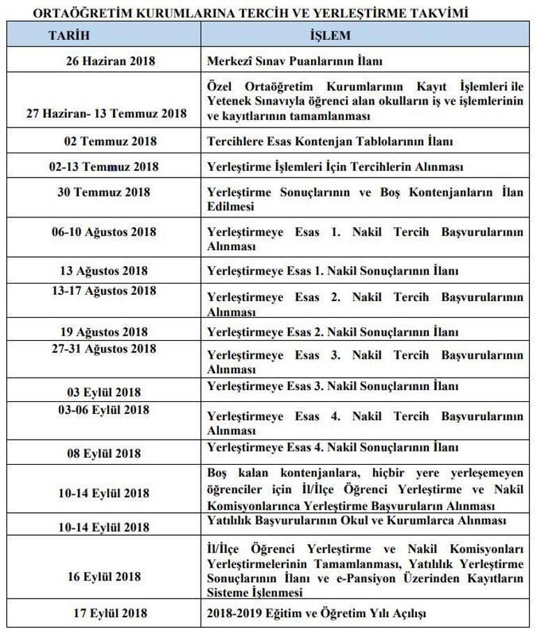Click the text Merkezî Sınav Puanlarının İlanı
294,61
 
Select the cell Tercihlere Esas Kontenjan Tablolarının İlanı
330,141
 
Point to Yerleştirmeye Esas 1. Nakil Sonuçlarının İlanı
333,271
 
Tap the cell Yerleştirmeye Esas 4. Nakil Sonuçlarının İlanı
333,447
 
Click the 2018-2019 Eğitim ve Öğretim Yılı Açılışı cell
316,613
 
